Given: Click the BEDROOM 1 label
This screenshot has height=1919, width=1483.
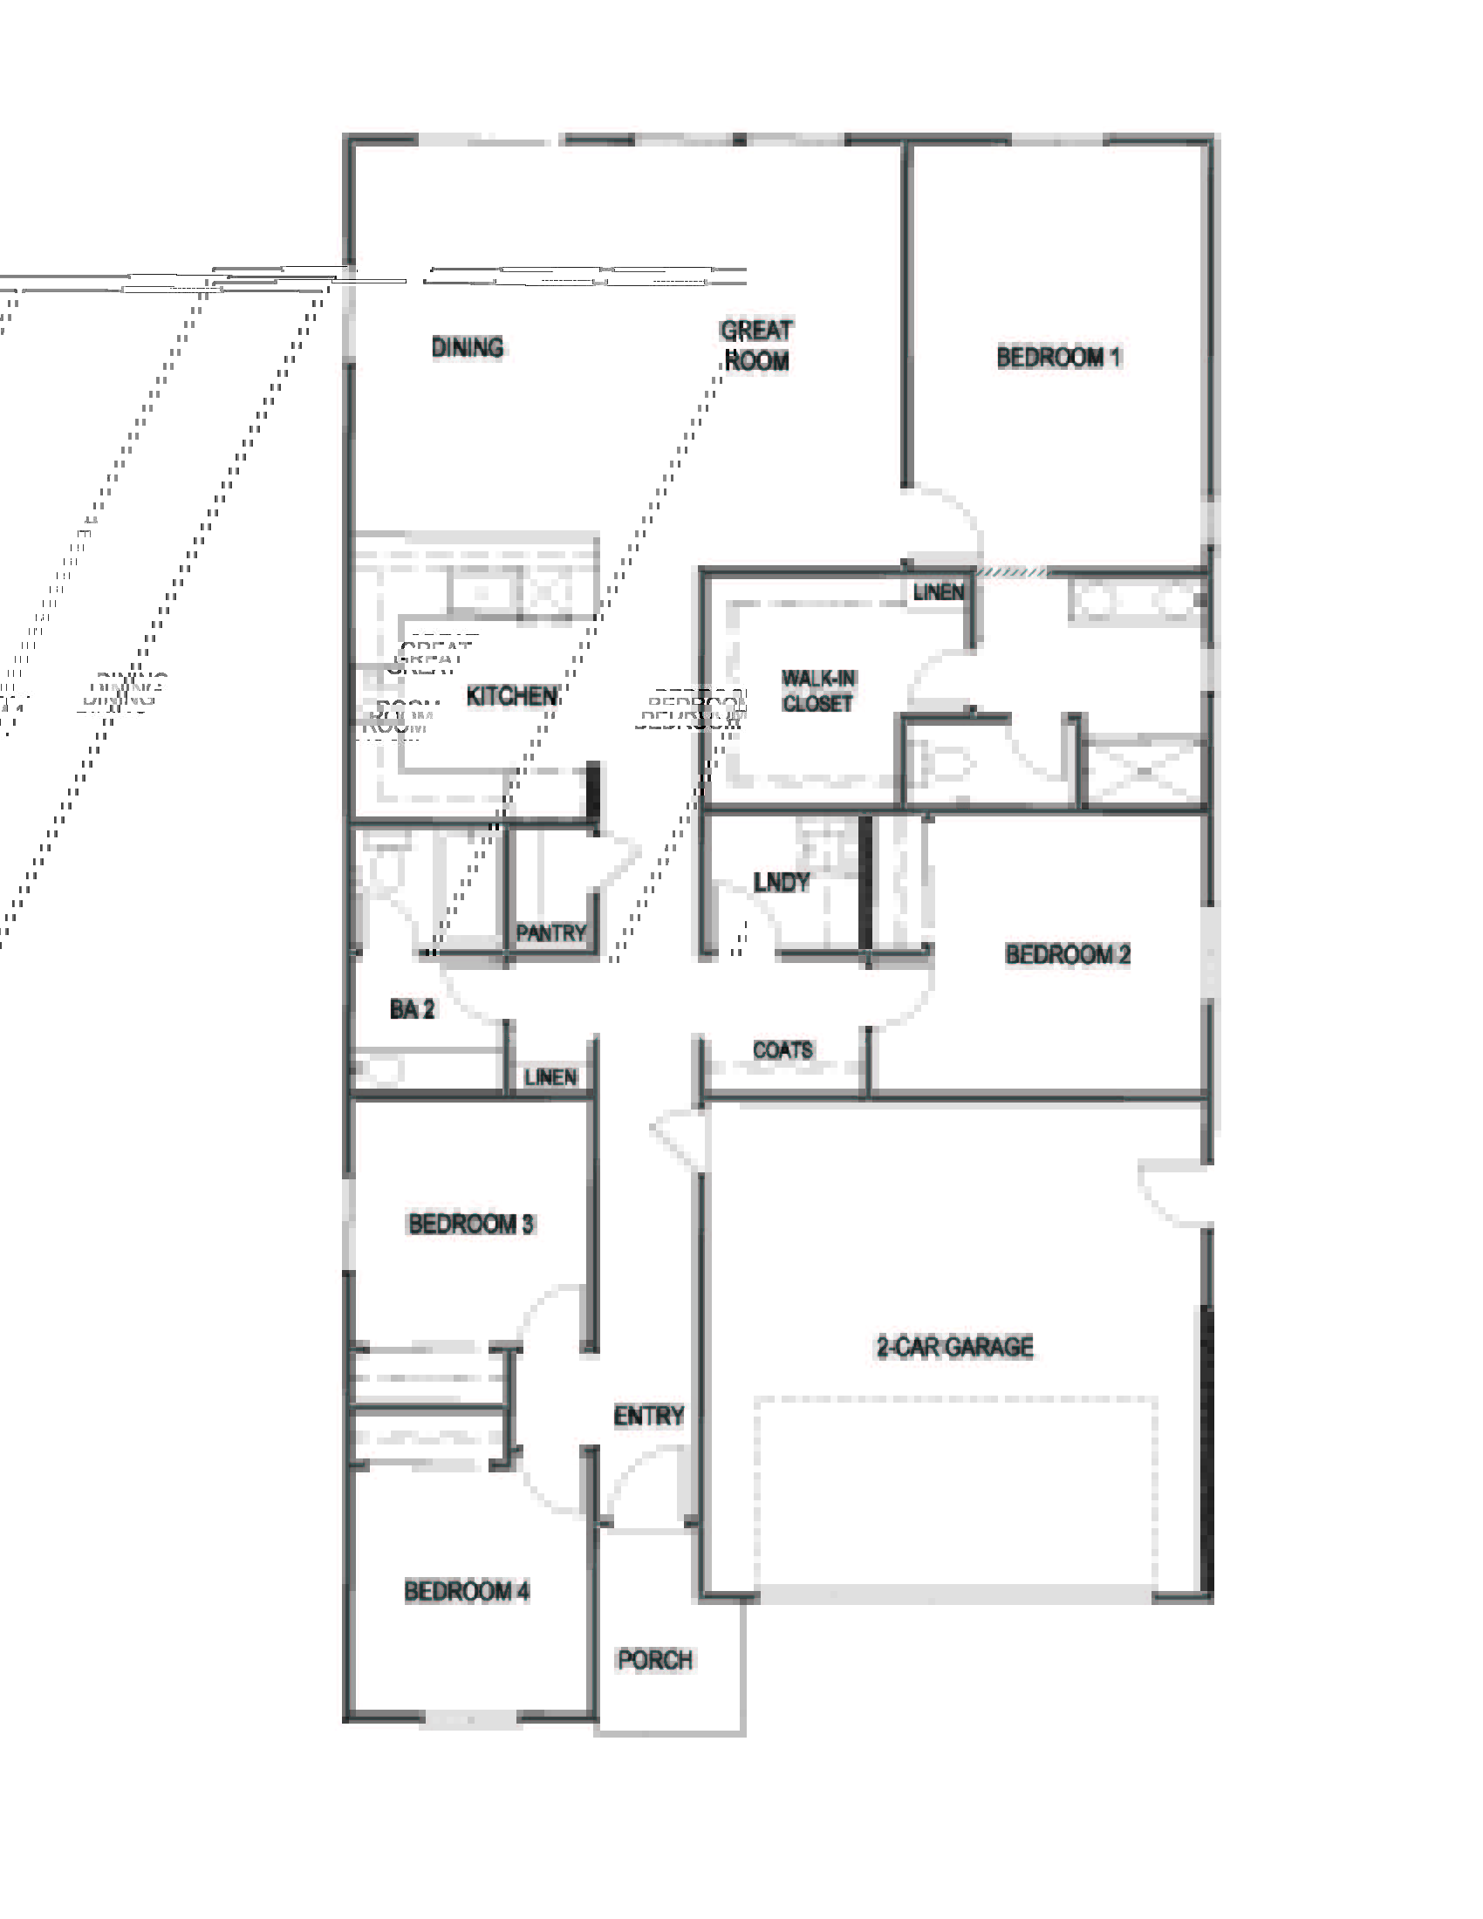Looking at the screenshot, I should (x=1058, y=358).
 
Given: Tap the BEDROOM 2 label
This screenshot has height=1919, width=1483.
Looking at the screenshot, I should (x=1067, y=954).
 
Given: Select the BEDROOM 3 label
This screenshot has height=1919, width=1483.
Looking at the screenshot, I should (x=470, y=1224).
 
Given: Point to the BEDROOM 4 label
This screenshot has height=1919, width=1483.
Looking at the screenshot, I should (x=467, y=1591).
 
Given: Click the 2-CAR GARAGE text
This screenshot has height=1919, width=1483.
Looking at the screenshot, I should (x=954, y=1347).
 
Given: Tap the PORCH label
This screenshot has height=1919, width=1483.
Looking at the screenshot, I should (x=654, y=1660).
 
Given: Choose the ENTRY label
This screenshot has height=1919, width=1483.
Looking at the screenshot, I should (x=648, y=1416).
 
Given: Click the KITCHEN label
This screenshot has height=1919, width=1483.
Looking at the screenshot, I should (x=511, y=696).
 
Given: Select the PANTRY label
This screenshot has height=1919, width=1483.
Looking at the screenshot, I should (x=550, y=933).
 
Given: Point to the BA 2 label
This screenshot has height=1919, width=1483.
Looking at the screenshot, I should (x=412, y=1009).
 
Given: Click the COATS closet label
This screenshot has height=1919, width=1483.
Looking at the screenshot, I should (x=782, y=1050).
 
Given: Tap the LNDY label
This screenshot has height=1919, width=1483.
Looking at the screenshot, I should (x=781, y=882).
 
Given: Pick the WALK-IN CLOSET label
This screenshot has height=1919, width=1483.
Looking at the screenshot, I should (x=818, y=691).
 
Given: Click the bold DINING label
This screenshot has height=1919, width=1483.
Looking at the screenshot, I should (x=468, y=347).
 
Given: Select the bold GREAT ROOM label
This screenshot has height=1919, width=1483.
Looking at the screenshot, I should (x=755, y=345).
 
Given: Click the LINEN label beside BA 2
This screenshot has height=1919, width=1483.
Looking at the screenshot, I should (x=550, y=1077).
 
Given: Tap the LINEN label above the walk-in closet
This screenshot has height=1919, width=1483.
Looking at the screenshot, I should (x=938, y=592).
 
